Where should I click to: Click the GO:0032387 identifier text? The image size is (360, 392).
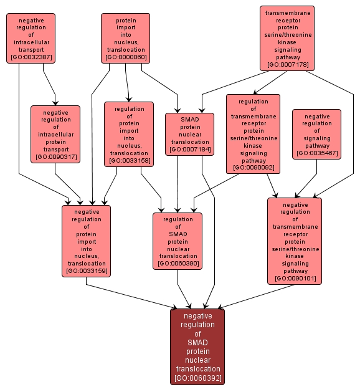(31, 58)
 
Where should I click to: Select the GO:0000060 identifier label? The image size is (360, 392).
(126, 57)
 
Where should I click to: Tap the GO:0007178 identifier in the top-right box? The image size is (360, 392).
(287, 65)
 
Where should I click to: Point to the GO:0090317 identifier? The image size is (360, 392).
(55, 156)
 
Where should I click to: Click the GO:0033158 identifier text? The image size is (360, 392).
(129, 161)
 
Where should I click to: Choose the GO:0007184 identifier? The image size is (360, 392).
(189, 150)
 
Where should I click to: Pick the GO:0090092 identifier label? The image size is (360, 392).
(253, 168)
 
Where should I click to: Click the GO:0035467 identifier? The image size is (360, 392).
(317, 153)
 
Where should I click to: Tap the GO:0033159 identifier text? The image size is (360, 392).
(87, 270)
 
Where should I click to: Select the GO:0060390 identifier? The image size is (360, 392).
(178, 264)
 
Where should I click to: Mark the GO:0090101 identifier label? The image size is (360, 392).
(295, 279)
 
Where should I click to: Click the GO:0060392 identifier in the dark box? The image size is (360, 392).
(197, 378)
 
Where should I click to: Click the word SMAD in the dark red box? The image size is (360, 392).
(197, 342)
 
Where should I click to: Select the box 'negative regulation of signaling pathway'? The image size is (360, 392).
(317, 134)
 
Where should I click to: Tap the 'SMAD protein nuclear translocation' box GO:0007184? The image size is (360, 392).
(189, 133)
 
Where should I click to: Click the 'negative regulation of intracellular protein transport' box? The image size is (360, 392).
(55, 134)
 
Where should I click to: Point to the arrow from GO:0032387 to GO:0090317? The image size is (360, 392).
(50, 85)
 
